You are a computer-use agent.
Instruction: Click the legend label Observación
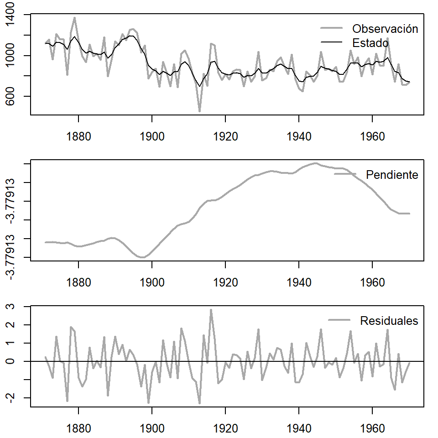385,29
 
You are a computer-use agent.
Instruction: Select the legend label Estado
370,43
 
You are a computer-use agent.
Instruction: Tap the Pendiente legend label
392,175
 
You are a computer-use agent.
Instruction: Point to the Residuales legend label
389,321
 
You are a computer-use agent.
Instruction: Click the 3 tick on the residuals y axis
15,307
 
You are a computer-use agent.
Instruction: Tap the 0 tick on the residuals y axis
15,361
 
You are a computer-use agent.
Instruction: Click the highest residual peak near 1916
211,310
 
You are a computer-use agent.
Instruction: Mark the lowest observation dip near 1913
199,111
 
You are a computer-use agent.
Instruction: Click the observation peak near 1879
75,18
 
